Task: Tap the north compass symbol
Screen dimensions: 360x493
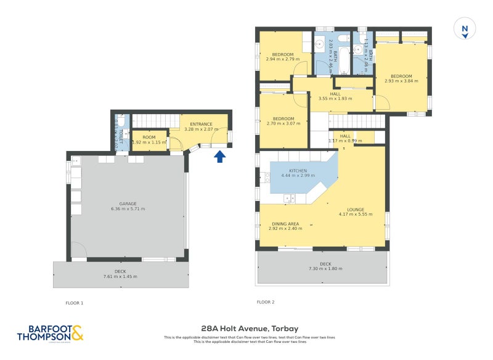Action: point(465,28)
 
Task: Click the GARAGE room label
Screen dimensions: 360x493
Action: point(128,203)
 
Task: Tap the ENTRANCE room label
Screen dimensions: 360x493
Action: point(201,124)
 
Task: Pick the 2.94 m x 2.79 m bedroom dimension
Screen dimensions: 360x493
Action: point(283,59)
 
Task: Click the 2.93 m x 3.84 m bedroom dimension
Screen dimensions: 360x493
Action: point(401,81)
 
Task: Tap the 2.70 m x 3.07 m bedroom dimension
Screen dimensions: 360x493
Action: point(283,123)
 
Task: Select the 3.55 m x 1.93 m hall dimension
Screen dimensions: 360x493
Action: point(335,99)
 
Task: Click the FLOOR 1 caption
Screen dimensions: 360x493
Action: point(75,303)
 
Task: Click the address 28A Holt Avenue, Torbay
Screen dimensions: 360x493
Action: point(246,329)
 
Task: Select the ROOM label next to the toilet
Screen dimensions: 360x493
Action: point(149,137)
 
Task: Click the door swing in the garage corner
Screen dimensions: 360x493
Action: point(78,250)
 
